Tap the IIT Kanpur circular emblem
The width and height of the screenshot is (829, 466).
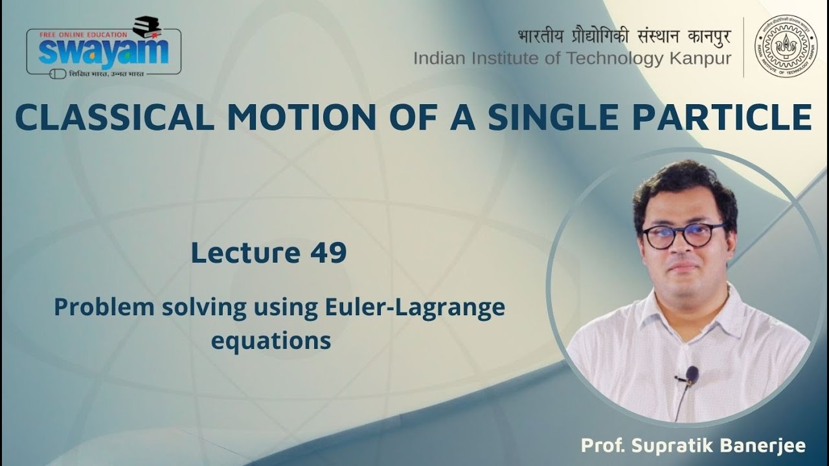(x=786, y=47)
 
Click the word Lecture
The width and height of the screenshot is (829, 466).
(x=236, y=254)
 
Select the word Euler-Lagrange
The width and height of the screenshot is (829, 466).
(x=413, y=308)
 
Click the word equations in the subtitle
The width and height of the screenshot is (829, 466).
(x=271, y=340)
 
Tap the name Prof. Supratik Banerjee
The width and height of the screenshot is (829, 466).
(x=693, y=446)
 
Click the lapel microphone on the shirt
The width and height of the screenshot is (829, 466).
(x=691, y=375)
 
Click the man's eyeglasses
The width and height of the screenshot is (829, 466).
(x=683, y=236)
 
